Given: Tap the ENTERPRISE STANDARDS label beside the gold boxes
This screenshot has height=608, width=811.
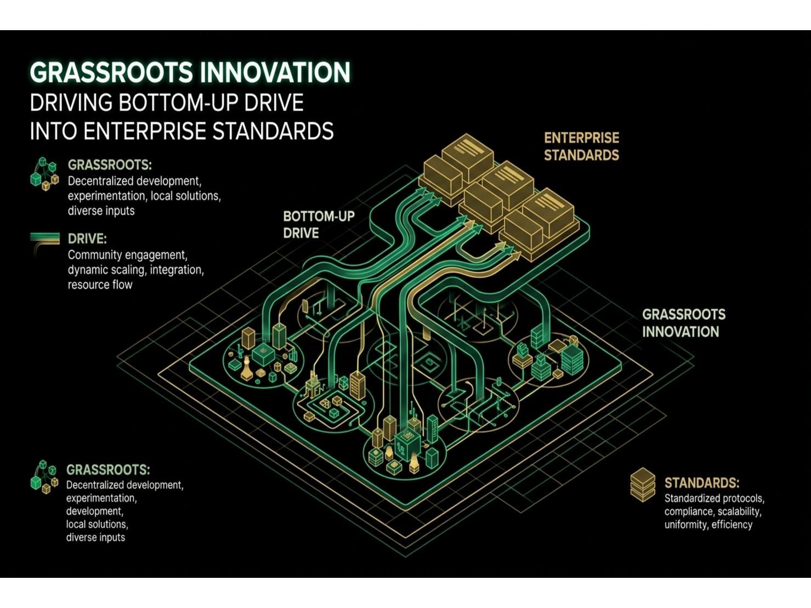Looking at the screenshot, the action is (582, 146).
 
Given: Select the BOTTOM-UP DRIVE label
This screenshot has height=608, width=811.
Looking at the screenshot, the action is (319, 225).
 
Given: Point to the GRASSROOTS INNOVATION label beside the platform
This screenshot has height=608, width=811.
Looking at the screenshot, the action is (684, 323).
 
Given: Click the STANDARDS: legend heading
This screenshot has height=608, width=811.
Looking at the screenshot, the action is (702, 483).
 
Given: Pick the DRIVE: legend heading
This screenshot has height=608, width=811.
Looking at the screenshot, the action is (87, 238).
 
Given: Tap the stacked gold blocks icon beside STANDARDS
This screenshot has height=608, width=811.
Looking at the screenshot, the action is (643, 485).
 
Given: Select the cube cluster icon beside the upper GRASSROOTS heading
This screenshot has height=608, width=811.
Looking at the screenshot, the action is (45, 174).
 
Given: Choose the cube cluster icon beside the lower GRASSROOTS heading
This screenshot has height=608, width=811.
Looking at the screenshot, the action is (44, 477).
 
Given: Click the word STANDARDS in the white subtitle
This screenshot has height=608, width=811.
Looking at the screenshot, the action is (273, 131).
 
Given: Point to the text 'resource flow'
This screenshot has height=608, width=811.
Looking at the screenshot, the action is (100, 285).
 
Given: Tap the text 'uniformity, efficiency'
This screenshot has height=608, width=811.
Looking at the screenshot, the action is (708, 525).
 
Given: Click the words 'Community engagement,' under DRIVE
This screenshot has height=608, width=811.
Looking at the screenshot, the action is (127, 255).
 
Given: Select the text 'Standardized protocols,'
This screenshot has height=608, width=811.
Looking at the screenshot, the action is (714, 498).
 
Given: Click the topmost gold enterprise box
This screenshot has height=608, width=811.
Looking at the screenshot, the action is (468, 157).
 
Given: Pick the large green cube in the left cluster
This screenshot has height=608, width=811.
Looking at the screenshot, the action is (263, 355).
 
